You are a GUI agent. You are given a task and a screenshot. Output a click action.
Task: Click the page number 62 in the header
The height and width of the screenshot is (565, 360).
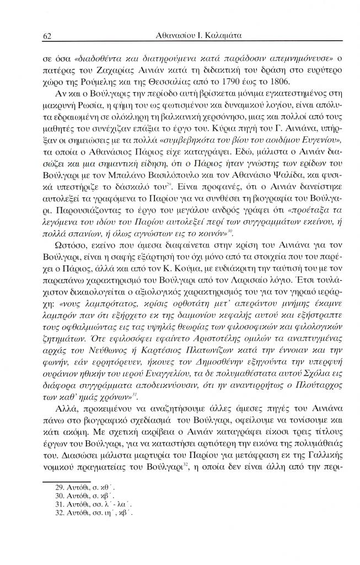click(47, 36)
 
